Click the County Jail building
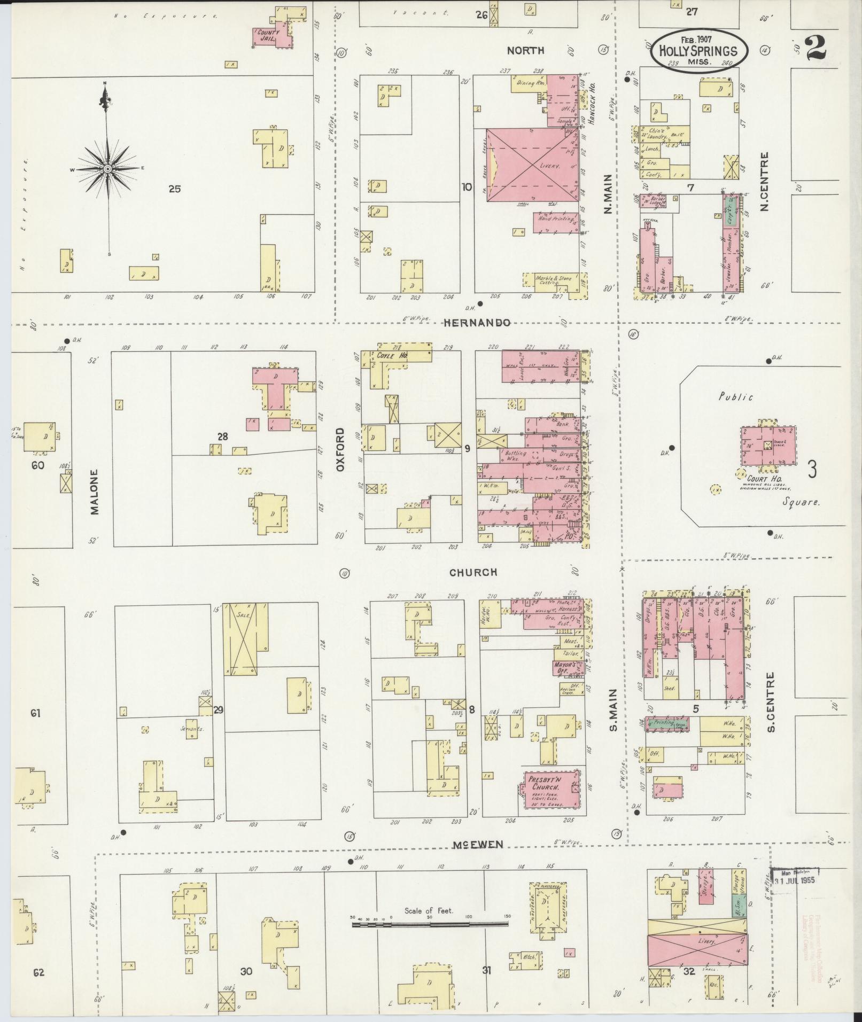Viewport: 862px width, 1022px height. pyautogui.click(x=271, y=37)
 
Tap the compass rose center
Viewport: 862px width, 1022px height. pyautogui.click(x=107, y=169)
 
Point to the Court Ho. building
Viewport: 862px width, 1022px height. pyautogui.click(x=767, y=446)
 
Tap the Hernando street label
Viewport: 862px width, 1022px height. pyautogui.click(x=477, y=323)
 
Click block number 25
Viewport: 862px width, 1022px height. pyautogui.click(x=174, y=189)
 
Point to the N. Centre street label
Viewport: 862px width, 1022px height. pyautogui.click(x=765, y=181)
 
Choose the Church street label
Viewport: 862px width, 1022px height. pyautogui.click(x=473, y=572)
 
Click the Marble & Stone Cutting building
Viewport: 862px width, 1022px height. pyautogui.click(x=554, y=280)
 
